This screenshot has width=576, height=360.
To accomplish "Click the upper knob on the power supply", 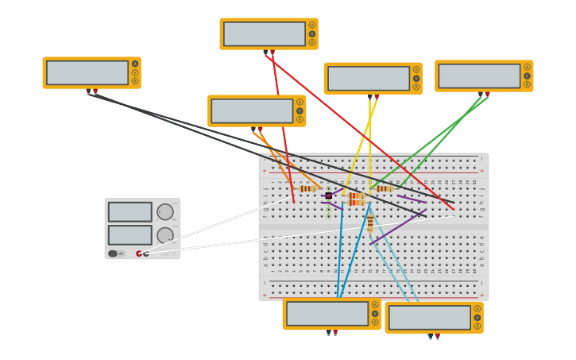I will coord(164,212).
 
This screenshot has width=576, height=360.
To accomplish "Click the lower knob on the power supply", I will coord(164,235).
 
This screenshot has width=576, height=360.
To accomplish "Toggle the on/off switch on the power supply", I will coord(113,254).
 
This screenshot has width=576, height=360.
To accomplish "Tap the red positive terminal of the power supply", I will coord(139,254).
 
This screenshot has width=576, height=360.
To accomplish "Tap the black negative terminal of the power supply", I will coord(145,254).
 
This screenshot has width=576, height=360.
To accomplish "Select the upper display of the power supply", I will coord(130,212).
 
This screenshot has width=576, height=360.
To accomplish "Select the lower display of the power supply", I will coord(130,235).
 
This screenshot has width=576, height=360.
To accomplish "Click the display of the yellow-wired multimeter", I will coord(369,79).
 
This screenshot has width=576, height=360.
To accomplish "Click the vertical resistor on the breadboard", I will coord(370,223).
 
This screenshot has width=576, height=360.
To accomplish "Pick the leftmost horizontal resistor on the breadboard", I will coord(309,188).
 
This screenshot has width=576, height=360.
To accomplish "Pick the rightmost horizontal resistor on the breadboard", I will coord(385,188).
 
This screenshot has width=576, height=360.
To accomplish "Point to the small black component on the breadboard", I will coord(328,195).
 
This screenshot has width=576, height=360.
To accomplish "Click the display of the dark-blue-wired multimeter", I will coord(327,314).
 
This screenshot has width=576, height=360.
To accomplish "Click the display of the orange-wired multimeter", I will coord(252,111).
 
